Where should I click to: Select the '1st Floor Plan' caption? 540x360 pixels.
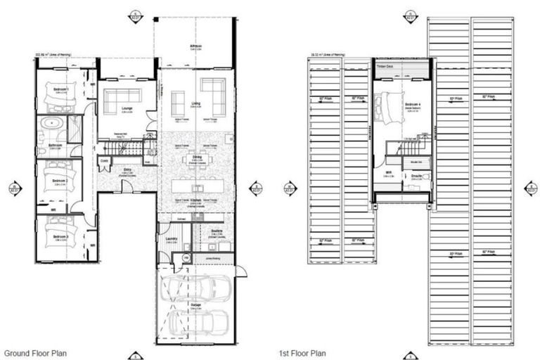(303, 352)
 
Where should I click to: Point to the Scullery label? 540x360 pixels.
(216, 230)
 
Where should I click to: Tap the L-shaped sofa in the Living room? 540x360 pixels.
(213, 90)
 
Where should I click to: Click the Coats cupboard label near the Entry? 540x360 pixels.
(104, 161)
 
